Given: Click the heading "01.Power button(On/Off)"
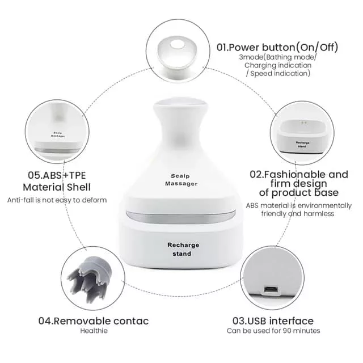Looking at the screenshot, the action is (277, 47).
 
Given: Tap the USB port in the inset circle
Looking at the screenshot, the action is (271, 289).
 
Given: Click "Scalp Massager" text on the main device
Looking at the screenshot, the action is (181, 180).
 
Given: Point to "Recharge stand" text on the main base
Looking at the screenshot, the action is (183, 250).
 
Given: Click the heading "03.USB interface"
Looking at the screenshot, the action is (273, 321).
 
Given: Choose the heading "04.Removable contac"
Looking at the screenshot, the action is (94, 321).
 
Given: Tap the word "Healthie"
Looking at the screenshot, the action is (94, 331).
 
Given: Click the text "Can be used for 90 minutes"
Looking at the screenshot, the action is (273, 331).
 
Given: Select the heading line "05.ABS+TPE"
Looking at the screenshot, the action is (57, 175).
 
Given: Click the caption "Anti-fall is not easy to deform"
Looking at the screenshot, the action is (57, 200).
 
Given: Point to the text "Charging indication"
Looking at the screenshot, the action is (278, 65).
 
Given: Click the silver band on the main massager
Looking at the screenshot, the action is (181, 217).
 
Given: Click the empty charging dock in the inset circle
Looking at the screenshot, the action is (302, 136).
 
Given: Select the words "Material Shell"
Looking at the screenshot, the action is (57, 187).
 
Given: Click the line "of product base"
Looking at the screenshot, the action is (299, 193).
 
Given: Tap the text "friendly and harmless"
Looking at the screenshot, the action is (298, 213).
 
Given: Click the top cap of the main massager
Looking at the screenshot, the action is (180, 103).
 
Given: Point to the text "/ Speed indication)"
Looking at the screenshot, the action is (278, 73).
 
